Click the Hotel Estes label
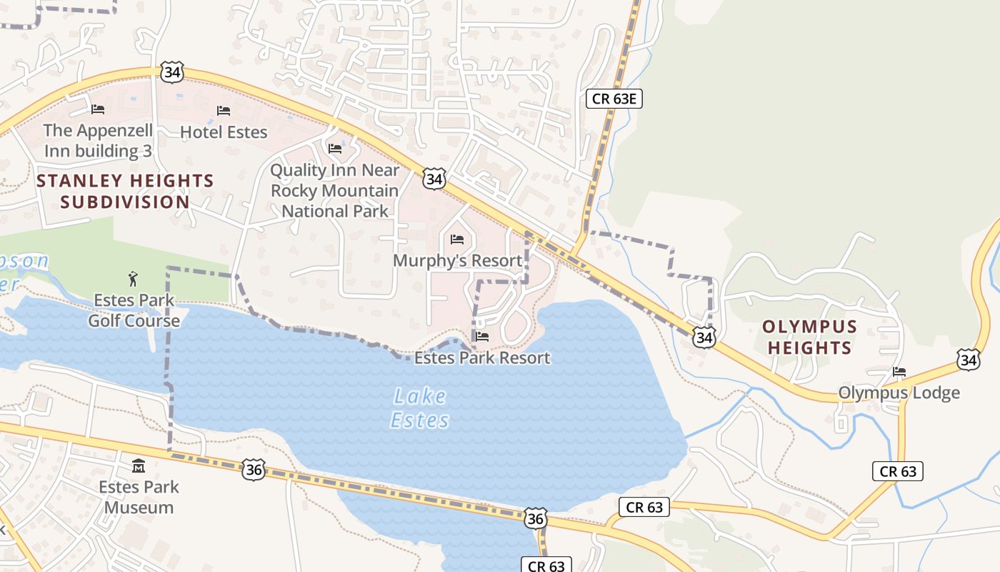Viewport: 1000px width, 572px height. [x=224, y=132]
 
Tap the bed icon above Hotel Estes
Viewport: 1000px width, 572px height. [x=224, y=111]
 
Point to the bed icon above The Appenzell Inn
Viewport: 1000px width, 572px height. [x=98, y=109]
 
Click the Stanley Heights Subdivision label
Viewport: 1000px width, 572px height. [x=125, y=192]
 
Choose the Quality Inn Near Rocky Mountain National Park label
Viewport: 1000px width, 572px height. [x=335, y=191]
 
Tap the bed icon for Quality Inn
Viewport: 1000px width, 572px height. [x=335, y=149]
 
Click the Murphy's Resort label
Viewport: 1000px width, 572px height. [x=458, y=261]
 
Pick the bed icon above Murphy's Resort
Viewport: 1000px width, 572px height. [x=458, y=239]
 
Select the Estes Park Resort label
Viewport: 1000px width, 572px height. [x=482, y=357]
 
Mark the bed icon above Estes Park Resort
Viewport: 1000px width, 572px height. [x=482, y=336]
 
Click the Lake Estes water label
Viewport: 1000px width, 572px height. [x=420, y=408]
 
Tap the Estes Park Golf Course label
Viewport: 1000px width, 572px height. [x=134, y=310]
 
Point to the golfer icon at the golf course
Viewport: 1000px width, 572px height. [x=133, y=278]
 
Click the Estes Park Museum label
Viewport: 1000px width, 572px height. [x=139, y=497]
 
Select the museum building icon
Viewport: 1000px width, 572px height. [x=139, y=466]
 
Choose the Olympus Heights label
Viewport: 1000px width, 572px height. [x=809, y=337]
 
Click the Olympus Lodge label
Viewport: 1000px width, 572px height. [x=899, y=393]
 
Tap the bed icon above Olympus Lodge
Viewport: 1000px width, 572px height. [x=899, y=372]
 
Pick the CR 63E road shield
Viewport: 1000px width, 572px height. [x=614, y=99]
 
